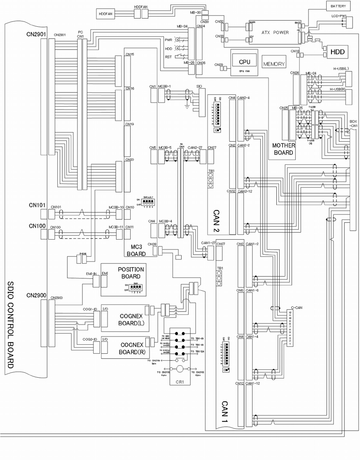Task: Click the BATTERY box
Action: [x=338, y=7]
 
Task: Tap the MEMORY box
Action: [x=274, y=64]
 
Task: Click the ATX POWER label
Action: [x=275, y=32]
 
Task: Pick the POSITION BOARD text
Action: [x=131, y=273]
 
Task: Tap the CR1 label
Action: [x=180, y=382]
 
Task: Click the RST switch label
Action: [x=168, y=58]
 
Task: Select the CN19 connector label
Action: [x=130, y=124]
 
